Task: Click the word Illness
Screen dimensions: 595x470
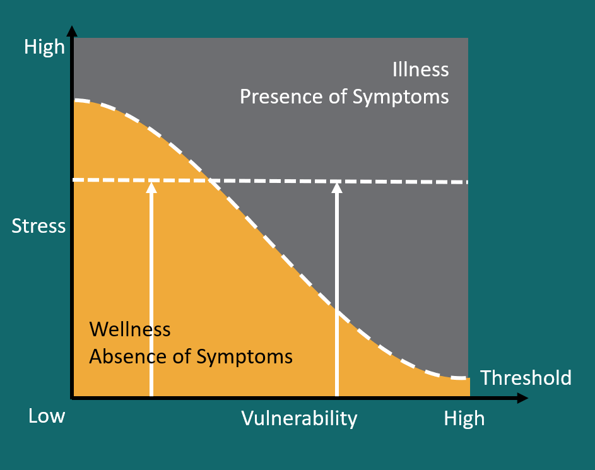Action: pos(421,69)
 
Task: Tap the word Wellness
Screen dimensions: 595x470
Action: pos(130,329)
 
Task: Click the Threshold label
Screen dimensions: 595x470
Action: pos(526,378)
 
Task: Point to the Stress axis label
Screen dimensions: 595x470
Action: pos(38,226)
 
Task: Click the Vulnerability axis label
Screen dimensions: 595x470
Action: pos(299,418)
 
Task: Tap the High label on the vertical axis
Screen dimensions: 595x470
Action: pos(44,47)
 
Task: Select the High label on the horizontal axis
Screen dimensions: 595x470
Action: pos(464,418)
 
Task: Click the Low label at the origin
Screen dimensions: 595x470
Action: pos(47,416)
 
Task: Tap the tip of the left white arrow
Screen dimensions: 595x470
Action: pos(151,184)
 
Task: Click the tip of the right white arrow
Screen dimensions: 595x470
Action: pos(336,184)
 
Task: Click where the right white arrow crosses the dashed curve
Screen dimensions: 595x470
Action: pos(336,312)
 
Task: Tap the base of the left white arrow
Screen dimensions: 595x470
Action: pos(151,395)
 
